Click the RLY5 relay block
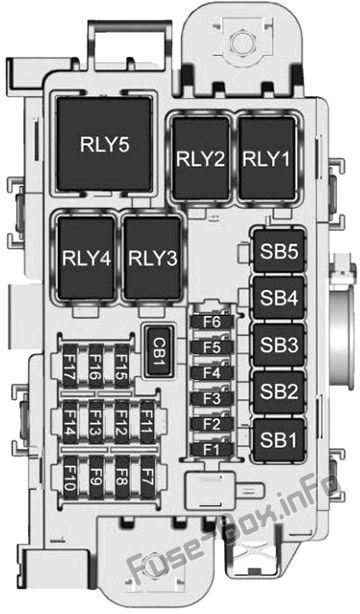pos(105,144)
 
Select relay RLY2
pos(201,158)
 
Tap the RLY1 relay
pos(266,158)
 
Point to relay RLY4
pos(86,257)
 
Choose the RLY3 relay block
pos(153,257)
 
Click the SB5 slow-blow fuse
pos(279,251)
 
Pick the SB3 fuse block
pos(279,345)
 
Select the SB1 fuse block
pos(279,440)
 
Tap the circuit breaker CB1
pos(157,351)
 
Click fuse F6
pos(212,322)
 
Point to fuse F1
pos(212,450)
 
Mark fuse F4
pos(212,373)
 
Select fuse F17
pos(71,366)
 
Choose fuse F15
pos(121,366)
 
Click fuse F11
pos(147,423)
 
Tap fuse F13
pos(96,423)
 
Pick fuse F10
pos(71,477)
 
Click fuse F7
pos(147,477)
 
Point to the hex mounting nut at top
pos(241,41)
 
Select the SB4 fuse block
pos(279,298)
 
